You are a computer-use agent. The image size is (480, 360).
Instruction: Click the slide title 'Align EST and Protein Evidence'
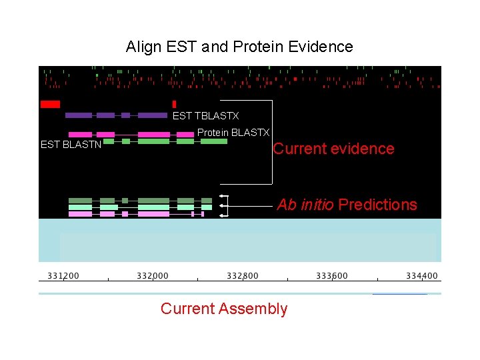[x=239, y=47]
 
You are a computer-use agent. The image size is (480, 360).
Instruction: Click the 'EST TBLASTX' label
[x=205, y=116]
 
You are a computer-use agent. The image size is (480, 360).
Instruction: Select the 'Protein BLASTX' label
[x=233, y=133]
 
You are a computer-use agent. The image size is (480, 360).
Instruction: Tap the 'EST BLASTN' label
[x=71, y=144]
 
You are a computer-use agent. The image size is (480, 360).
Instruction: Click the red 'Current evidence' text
[x=333, y=149]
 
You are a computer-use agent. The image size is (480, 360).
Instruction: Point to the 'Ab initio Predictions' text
[x=347, y=205]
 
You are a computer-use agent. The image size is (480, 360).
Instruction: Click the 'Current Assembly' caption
[x=224, y=309]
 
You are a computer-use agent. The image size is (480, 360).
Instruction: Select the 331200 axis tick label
[x=63, y=275]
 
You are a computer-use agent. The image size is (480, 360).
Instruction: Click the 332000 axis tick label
[x=153, y=275]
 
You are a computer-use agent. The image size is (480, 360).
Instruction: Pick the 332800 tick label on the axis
[x=243, y=275]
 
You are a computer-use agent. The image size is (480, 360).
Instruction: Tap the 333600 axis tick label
[x=331, y=275]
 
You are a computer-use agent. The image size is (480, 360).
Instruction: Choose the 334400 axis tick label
[x=421, y=275]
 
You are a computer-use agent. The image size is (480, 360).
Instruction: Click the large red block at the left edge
[x=50, y=104]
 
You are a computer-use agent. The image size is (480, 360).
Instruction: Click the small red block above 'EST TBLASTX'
[x=174, y=104]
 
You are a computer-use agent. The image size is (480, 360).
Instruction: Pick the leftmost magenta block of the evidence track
[x=80, y=135]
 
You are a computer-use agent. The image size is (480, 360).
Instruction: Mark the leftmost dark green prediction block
[x=80, y=201]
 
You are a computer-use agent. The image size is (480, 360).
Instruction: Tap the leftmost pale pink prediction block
[x=80, y=214]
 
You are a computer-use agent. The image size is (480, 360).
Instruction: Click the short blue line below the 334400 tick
[x=399, y=293]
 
